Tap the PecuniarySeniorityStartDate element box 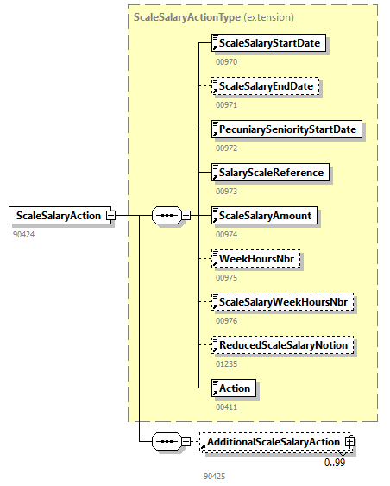click(286, 129)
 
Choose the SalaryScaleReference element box click(270, 172)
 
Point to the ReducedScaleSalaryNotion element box click(282, 345)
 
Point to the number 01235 click(226, 363)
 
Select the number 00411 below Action click(226, 407)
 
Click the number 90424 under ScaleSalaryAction click(23, 233)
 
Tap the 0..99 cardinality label click(336, 462)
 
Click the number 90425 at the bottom click(213, 476)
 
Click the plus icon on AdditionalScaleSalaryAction click(349, 442)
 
